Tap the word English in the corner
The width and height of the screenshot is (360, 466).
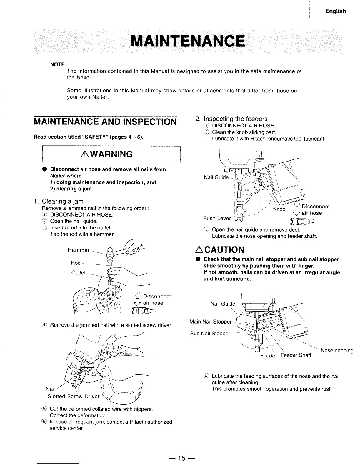point(335,11)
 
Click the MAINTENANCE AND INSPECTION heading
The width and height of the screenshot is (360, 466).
point(105,122)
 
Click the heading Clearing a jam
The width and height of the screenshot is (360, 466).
point(63,201)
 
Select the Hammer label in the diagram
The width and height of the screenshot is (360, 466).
point(79,250)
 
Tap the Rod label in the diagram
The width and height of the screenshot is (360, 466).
point(76,263)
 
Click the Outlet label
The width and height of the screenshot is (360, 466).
point(79,273)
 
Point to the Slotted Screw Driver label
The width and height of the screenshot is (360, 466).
point(74,396)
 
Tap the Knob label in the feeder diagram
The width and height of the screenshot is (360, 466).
point(279,209)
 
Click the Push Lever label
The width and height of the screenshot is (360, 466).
point(217,218)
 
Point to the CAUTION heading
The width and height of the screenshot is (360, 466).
point(224,250)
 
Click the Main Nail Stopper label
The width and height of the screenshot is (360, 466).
point(211,322)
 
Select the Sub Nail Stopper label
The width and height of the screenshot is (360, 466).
point(210,333)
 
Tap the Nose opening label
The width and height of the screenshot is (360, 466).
point(337,350)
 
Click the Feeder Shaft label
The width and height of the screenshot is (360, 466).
point(296,355)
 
